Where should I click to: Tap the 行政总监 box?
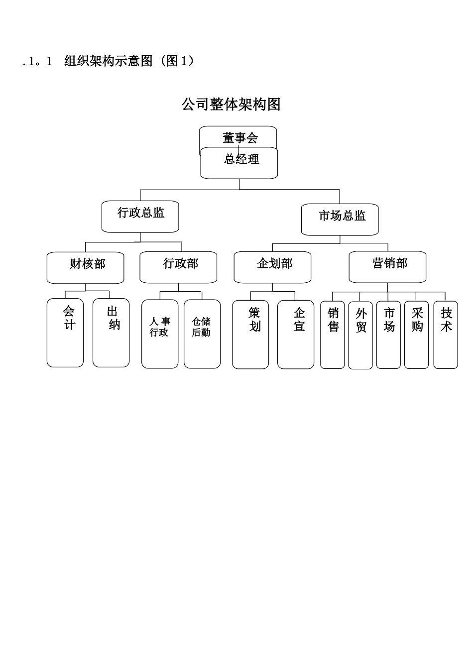pos(140,217)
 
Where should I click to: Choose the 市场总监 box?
pos(340,220)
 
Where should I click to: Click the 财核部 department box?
pos(86,267)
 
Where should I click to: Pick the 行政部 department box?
pos(178,267)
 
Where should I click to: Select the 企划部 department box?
pos(272,267)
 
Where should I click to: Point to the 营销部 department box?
pos(387,267)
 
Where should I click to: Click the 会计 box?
pos(65,333)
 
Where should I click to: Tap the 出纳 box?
pos(111,333)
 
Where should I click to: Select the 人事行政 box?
pos(160,334)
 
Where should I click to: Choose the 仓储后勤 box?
pos(202,334)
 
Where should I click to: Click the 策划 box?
pos(250,334)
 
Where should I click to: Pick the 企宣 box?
pos(296,334)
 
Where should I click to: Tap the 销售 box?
pos(333,334)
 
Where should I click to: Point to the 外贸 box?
pos(360,335)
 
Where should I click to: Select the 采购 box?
pos(416,334)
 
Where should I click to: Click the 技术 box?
pos(446,334)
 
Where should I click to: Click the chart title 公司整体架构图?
pos(231,105)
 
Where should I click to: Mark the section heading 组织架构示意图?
pos(108,61)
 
